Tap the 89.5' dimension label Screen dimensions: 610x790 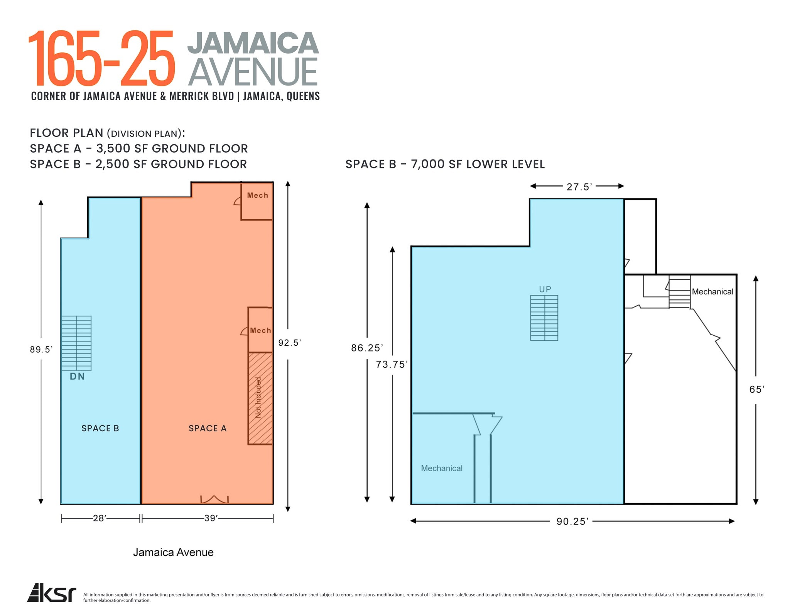tap(41, 350)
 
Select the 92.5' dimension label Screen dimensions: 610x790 tap(289, 343)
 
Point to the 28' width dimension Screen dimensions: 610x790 tap(100, 518)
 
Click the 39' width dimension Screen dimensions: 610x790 tap(211, 518)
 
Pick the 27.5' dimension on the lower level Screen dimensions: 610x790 tap(579, 187)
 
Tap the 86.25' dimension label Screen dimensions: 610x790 tap(367, 348)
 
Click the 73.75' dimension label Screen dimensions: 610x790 tap(392, 365)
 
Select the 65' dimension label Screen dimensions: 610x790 tap(756, 390)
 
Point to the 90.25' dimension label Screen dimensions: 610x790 tap(572, 521)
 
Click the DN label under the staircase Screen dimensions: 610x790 tap(77, 376)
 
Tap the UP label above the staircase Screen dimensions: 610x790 tap(545, 289)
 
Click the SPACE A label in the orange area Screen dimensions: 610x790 tap(208, 428)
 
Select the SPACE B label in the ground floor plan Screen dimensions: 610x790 tap(100, 428)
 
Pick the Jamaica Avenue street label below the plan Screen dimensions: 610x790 tap(173, 552)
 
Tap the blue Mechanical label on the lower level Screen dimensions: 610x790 tap(442, 468)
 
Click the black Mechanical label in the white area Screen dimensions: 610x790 tap(712, 292)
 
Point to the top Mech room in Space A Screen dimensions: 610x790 tap(257, 200)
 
